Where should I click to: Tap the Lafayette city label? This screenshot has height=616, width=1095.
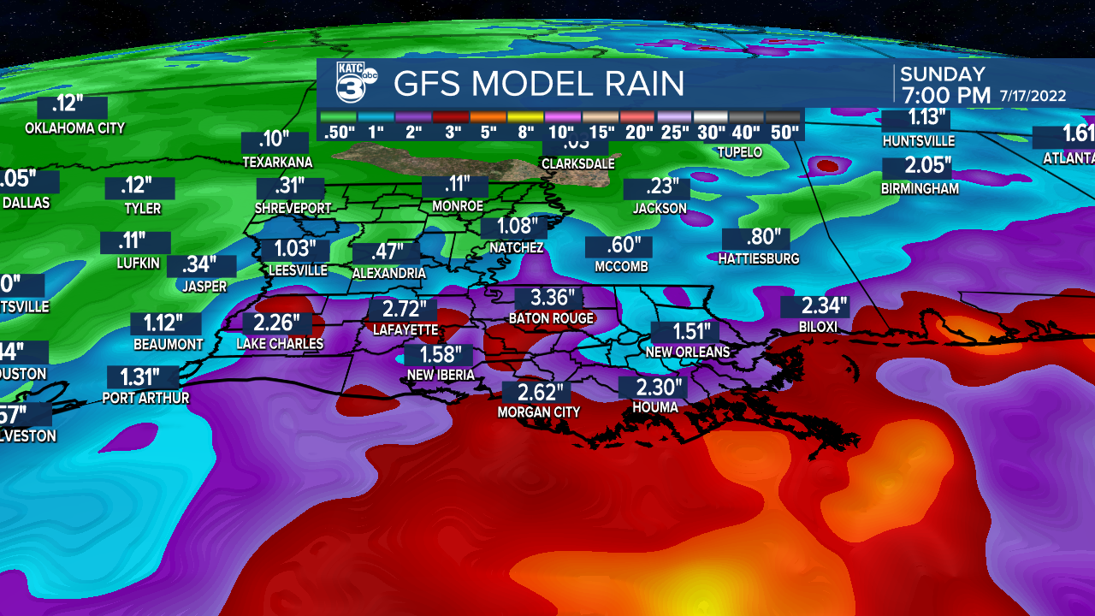coord(405,329)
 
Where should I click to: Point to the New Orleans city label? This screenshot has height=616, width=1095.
coord(688,352)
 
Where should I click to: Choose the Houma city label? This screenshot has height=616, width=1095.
coord(655,407)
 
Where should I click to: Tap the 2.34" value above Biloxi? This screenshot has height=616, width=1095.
coord(813,306)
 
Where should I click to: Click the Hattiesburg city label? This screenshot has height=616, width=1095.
coord(759,258)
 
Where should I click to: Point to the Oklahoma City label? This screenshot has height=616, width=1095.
coord(75,128)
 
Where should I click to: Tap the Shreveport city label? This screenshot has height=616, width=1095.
coord(293,208)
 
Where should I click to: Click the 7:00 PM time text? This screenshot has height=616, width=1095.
coord(944,95)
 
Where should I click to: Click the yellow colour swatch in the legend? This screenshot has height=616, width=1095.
coord(524,115)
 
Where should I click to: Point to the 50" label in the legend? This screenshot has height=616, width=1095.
coord(783,132)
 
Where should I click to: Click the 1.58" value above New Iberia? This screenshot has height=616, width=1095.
coord(440,355)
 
